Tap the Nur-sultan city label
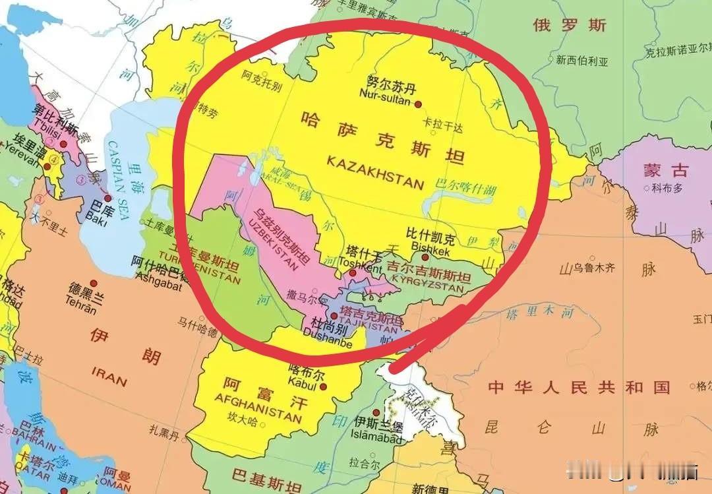pos(386,94)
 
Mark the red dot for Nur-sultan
pos(417,103)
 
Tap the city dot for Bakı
pos(107,198)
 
